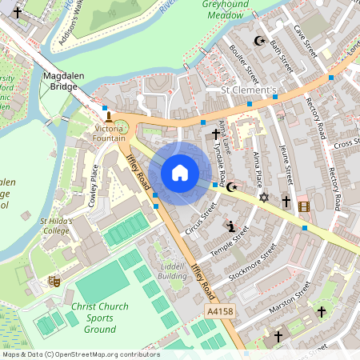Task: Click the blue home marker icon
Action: [x=180, y=172]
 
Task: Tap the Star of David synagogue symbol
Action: [x=263, y=196]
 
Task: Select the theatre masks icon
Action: [x=55, y=281]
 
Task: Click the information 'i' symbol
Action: [x=231, y=226]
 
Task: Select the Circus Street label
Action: [x=202, y=218]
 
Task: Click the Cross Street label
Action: [x=346, y=143]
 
